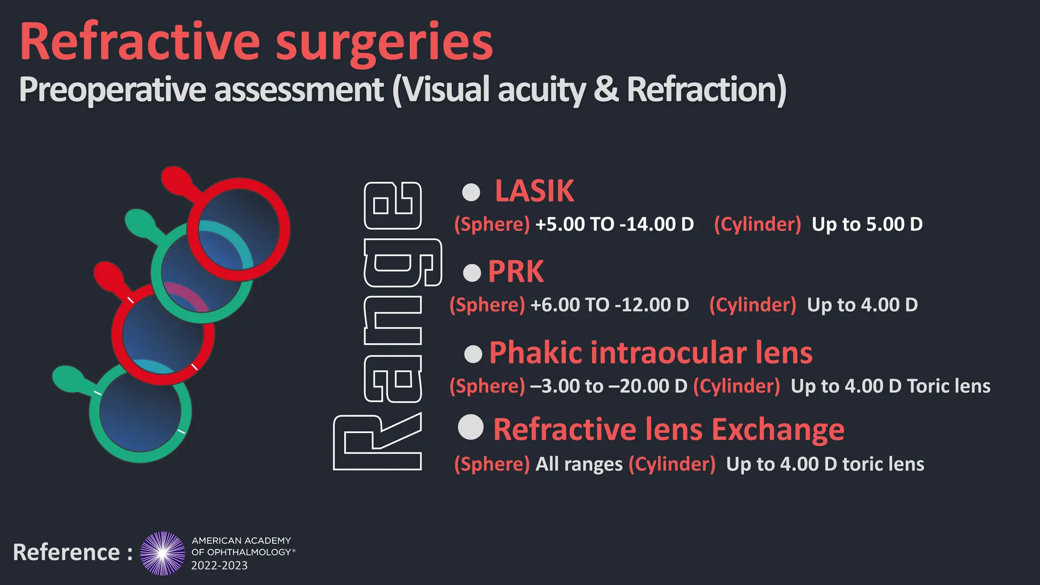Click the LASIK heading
[x=534, y=191]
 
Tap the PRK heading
[x=515, y=272]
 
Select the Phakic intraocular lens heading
[x=651, y=353]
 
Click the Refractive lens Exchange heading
[x=669, y=430]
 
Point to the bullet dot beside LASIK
[x=471, y=192]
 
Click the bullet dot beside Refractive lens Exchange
[x=471, y=427]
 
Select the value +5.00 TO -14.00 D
[x=614, y=224]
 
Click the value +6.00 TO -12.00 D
[x=609, y=305]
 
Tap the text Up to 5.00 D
[x=867, y=224]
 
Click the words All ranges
[x=579, y=464]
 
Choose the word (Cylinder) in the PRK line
[x=753, y=305]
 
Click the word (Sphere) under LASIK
[x=492, y=224]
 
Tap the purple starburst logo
[x=162, y=554]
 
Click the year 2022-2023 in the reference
[x=219, y=566]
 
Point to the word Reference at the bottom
[x=67, y=552]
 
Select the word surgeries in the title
[x=384, y=43]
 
